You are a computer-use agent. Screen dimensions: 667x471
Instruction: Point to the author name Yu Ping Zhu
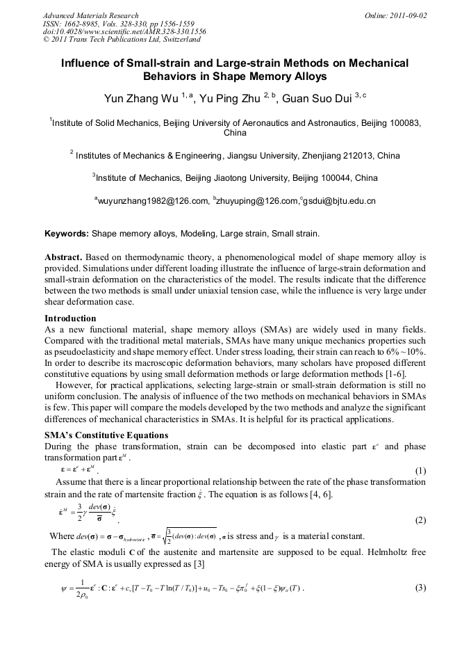coord(232,98)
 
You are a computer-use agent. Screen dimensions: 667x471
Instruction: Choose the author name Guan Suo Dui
coord(317,98)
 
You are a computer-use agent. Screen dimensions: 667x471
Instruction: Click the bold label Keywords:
coord(67,234)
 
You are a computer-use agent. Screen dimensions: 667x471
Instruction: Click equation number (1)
coord(420,470)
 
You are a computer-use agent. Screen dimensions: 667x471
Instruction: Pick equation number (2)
coord(420,520)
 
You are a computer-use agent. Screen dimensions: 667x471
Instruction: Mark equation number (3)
coord(420,588)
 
